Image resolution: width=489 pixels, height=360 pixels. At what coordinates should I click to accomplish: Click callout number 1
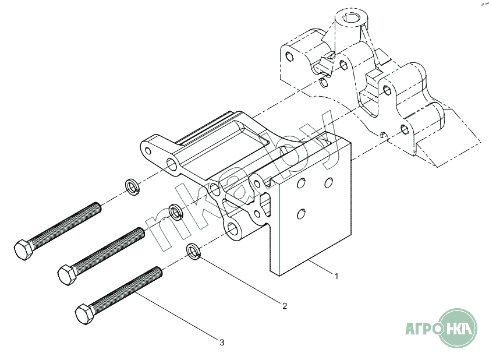tap(336, 276)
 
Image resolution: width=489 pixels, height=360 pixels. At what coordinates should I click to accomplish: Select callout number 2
tap(285, 306)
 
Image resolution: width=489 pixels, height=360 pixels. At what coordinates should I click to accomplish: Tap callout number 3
tap(222, 343)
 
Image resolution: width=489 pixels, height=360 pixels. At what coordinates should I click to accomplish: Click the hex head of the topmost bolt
tap(23, 250)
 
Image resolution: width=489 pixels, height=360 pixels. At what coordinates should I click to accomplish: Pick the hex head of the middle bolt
tap(67, 274)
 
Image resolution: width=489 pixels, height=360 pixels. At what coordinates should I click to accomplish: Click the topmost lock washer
tap(133, 187)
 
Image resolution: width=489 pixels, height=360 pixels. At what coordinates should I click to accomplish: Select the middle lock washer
tap(176, 211)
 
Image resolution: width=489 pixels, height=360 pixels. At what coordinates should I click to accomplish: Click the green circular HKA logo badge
tap(458, 328)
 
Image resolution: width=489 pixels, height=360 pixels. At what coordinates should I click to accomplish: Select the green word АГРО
tap(423, 329)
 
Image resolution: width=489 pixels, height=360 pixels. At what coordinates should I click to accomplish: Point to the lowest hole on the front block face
tap(301, 214)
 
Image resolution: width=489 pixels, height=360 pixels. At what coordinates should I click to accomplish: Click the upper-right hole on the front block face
tap(328, 182)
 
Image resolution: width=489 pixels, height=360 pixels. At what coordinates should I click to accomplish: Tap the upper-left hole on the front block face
tap(301, 183)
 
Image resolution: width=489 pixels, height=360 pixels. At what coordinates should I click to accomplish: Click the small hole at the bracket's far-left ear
tap(148, 151)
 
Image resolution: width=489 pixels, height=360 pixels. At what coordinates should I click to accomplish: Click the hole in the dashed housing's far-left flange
tap(290, 56)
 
